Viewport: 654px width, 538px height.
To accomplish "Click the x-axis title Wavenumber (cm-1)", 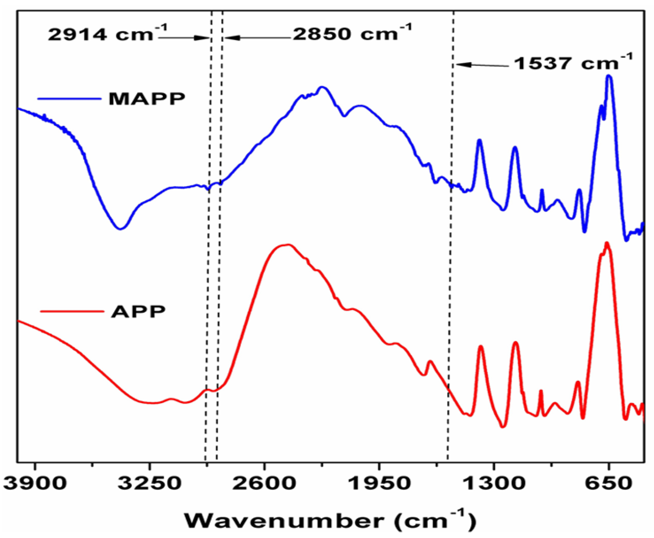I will tap(330, 521).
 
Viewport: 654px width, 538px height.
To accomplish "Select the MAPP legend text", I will tap(147, 99).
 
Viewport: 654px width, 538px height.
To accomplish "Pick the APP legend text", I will tap(138, 311).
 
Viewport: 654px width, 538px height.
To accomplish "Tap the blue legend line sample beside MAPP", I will tap(69, 99).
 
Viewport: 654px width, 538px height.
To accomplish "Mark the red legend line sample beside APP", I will tap(72, 311).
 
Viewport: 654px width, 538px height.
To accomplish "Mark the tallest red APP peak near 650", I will tap(607, 243).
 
